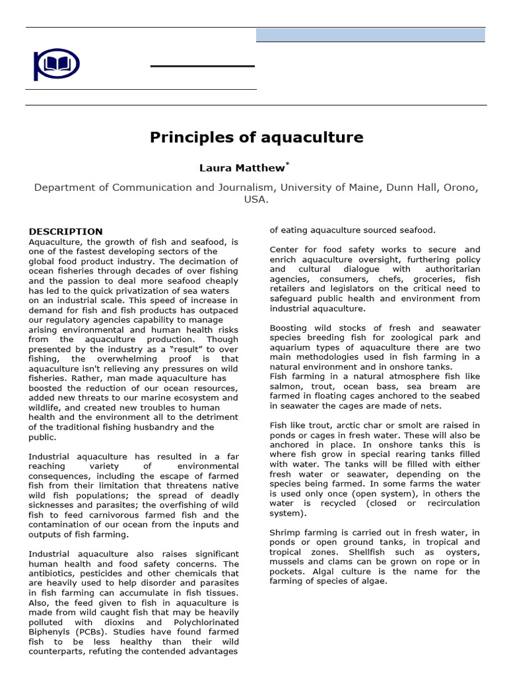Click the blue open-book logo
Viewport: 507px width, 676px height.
pos(56,64)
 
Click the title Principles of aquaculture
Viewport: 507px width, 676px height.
pos(256,137)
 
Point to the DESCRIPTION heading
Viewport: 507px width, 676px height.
pos(65,231)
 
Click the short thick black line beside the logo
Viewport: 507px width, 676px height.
pos(203,66)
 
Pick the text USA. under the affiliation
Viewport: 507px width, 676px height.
pos(256,199)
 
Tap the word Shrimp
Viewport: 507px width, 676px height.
pos(287,532)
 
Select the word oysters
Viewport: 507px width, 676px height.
pos(461,552)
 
